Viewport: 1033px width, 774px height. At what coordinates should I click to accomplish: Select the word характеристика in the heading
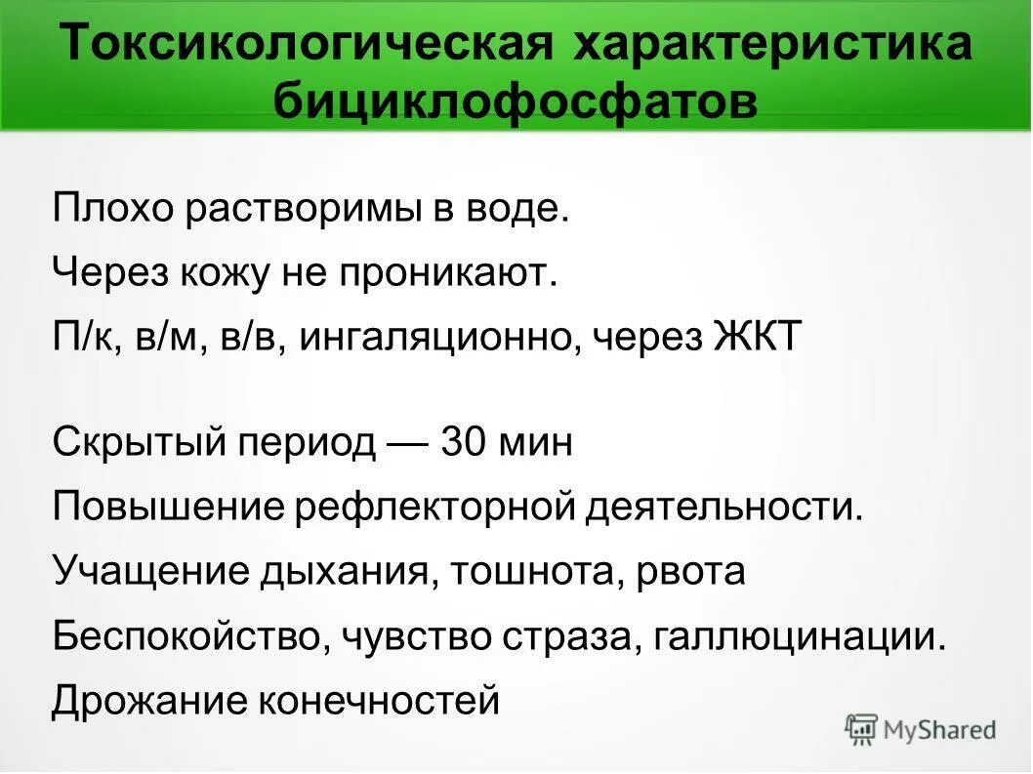coord(774,47)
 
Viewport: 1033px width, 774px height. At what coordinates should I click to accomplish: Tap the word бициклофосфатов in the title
coord(516,102)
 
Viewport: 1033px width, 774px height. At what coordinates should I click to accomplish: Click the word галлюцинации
coord(801,636)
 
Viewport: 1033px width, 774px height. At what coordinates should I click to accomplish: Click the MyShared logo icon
coord(861,728)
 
